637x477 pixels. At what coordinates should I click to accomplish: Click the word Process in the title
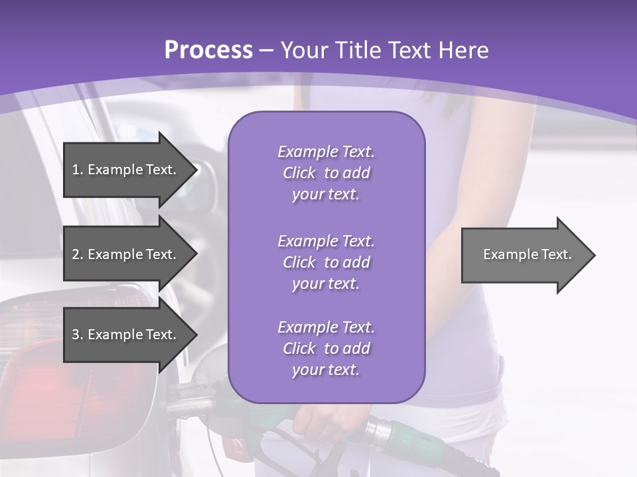click(208, 50)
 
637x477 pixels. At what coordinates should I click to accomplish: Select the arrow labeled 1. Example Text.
click(126, 170)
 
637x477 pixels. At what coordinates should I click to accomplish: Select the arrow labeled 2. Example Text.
click(126, 254)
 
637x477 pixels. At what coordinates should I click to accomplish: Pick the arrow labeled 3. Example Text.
click(126, 335)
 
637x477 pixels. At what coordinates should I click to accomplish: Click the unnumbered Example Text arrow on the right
click(524, 254)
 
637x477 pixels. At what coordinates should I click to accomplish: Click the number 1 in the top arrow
click(76, 170)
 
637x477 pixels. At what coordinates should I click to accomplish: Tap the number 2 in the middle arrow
click(76, 254)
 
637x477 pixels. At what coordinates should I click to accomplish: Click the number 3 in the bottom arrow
click(76, 335)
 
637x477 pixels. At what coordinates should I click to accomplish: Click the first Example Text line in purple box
click(326, 152)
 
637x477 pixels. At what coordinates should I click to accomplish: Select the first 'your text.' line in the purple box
click(326, 195)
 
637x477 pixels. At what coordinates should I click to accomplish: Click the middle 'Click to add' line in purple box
click(326, 262)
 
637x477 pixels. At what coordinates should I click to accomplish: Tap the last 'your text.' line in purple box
click(326, 370)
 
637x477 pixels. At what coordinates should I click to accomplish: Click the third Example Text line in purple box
click(326, 327)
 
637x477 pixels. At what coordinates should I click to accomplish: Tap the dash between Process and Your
click(267, 51)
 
